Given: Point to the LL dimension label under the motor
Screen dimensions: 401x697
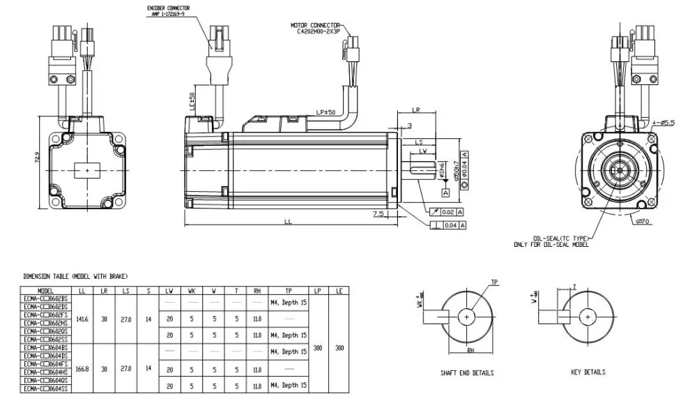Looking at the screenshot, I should [x=287, y=222].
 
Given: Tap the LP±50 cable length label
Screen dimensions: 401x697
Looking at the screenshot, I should [x=325, y=112].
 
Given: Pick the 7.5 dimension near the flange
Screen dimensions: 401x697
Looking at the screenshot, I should [x=378, y=213].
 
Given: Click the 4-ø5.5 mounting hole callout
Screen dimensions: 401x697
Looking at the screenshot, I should [x=664, y=123].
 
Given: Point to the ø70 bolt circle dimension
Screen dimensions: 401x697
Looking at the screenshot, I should [x=643, y=222].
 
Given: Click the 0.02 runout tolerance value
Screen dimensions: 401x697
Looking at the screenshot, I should [x=447, y=211].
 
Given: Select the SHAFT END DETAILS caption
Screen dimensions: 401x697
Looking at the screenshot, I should [x=467, y=373].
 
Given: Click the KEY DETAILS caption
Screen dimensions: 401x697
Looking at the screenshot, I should [x=588, y=372].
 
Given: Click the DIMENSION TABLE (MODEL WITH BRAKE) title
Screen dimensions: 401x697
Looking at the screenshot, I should [x=75, y=277].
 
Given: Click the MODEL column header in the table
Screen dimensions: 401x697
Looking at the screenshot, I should [x=46, y=290].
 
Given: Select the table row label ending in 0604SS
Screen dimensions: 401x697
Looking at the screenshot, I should [x=46, y=389].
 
